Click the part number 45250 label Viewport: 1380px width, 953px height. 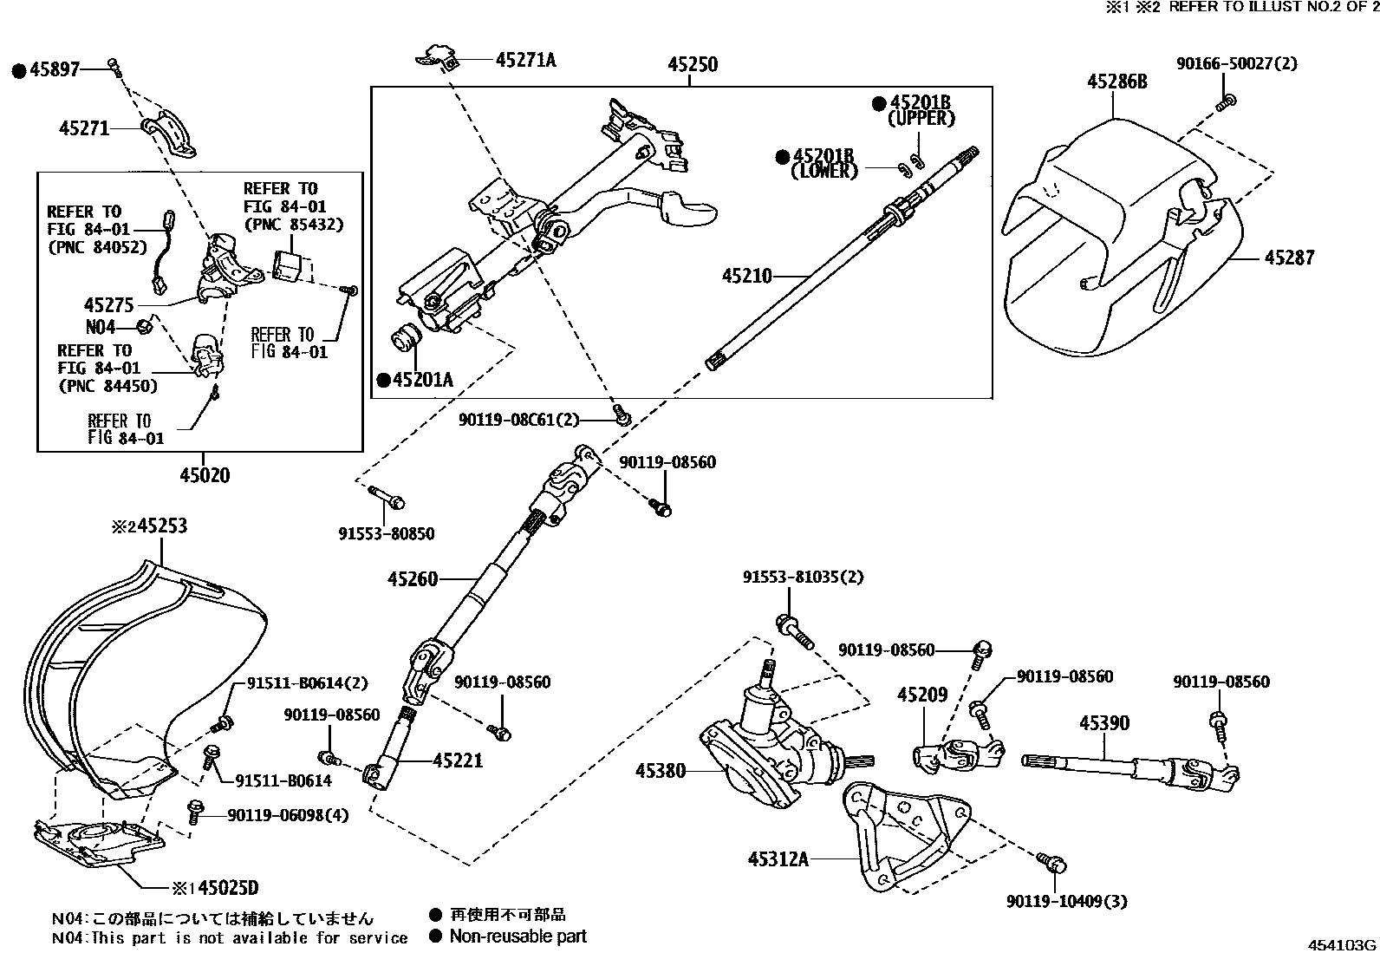pyautogui.click(x=692, y=64)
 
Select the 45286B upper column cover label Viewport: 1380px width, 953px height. pyautogui.click(x=1117, y=82)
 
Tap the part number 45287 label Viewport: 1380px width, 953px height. pyautogui.click(x=1289, y=258)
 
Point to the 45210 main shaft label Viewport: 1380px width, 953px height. pyautogui.click(x=746, y=276)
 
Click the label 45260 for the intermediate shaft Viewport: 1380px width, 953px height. pyautogui.click(x=413, y=579)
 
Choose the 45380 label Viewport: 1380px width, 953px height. pyautogui.click(x=661, y=769)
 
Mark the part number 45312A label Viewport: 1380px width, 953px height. pyautogui.click(x=778, y=858)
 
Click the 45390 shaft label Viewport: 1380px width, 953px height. pyautogui.click(x=1104, y=722)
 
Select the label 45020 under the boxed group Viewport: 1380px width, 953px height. pyautogui.click(x=205, y=474)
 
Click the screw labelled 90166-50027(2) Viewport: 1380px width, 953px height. pyautogui.click(x=1224, y=103)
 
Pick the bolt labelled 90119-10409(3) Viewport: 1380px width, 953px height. pyautogui.click(x=1054, y=863)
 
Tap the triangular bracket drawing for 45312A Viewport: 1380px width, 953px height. pyautogui.click(x=902, y=832)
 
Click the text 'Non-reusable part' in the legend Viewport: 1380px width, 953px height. pyautogui.click(x=517, y=937)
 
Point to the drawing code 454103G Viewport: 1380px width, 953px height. pyautogui.click(x=1342, y=944)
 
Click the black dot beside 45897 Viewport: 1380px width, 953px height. pyautogui.click(x=19, y=70)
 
